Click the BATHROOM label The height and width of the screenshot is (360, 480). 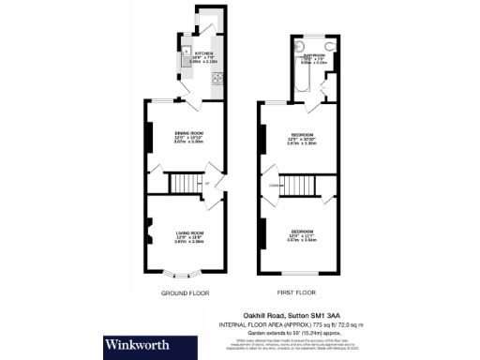pyautogui.click(x=314, y=56)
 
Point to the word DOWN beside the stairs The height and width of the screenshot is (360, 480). pyautogui.click(x=275, y=186)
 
